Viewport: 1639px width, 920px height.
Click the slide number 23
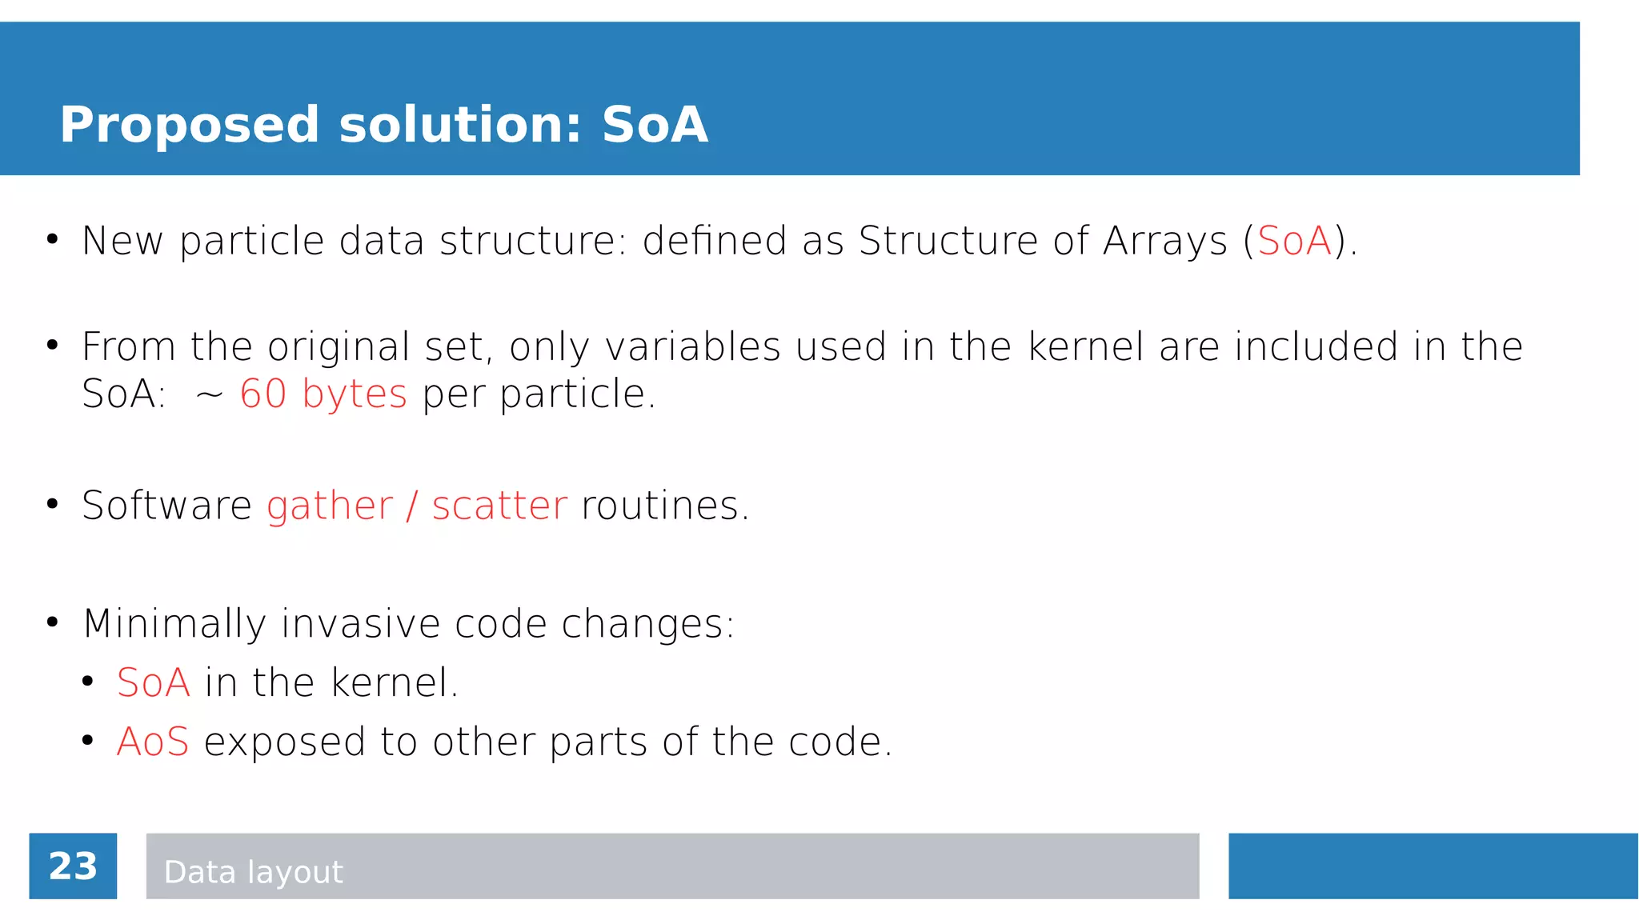coord(73,866)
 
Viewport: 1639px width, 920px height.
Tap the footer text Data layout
coord(253,872)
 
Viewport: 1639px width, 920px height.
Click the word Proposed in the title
coord(189,126)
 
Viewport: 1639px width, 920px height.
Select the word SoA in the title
coord(655,126)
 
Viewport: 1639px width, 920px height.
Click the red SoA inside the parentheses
coord(1294,241)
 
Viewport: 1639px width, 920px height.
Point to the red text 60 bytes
coord(323,394)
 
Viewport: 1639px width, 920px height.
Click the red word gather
coord(330,506)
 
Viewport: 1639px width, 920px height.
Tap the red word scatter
coord(499,506)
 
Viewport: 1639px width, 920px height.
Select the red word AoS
coord(153,742)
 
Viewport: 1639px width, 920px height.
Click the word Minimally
coord(174,624)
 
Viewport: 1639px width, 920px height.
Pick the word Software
coord(166,506)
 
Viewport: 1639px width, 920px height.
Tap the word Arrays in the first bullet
coord(1164,241)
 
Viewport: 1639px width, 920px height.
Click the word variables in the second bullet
coord(692,347)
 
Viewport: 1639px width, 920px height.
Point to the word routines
coord(665,506)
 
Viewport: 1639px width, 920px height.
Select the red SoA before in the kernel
coord(153,683)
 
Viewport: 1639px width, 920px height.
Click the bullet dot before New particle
coord(52,239)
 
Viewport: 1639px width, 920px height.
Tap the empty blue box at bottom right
coord(1433,866)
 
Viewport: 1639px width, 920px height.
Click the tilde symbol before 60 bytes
coord(210,395)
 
